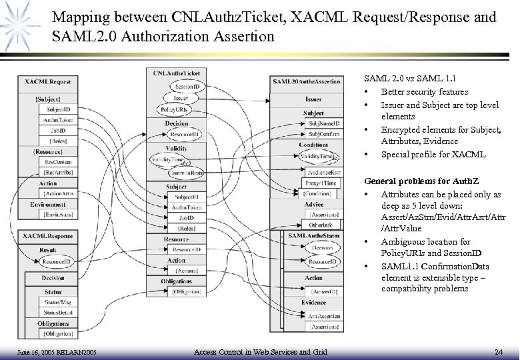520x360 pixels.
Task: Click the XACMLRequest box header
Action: tap(48, 82)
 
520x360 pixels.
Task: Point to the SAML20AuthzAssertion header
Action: tap(304, 81)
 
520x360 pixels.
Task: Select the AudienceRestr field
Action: tap(321, 172)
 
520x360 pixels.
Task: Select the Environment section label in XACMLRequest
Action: tap(47, 205)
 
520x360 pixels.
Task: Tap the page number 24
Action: tap(499, 351)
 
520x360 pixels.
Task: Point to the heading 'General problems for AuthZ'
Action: tap(415, 181)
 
